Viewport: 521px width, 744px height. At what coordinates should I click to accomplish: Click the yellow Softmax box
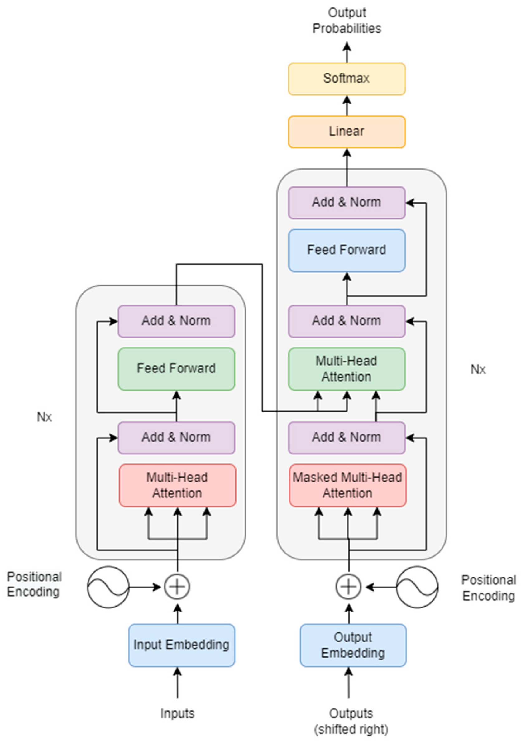pos(347,79)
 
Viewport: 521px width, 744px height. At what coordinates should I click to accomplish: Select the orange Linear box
pos(347,132)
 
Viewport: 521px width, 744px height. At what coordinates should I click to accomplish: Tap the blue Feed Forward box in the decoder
pos(347,250)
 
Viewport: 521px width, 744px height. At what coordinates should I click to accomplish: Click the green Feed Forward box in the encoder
pos(176,369)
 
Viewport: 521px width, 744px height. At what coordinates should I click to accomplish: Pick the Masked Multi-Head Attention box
pos(347,485)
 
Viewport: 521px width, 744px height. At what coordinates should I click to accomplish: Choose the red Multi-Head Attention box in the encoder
pos(177,485)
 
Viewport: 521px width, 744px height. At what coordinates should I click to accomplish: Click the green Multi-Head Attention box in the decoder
pos(347,369)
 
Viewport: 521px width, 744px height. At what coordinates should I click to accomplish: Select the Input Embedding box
pos(181,645)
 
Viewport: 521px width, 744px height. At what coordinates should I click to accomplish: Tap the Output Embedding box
pos(353,645)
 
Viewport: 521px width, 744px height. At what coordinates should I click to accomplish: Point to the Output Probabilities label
pos(347,20)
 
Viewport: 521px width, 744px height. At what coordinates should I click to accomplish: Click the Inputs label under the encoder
pos(177,713)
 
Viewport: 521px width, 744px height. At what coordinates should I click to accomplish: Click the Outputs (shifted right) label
pos(351,721)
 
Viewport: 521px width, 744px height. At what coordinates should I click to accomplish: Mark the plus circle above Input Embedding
pos(177,587)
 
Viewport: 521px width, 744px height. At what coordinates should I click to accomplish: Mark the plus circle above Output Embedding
pos(348,587)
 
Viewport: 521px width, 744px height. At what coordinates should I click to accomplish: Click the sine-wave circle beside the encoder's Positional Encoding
pos(108,587)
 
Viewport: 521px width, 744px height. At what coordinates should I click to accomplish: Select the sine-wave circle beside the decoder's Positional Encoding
pos(417,587)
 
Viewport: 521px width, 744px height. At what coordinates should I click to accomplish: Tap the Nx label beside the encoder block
pos(44,417)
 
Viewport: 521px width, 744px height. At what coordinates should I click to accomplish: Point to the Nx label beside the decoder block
pos(478,369)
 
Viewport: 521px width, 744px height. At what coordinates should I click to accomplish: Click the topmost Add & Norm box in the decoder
pos(347,203)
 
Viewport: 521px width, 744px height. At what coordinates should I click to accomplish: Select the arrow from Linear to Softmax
pos(347,106)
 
